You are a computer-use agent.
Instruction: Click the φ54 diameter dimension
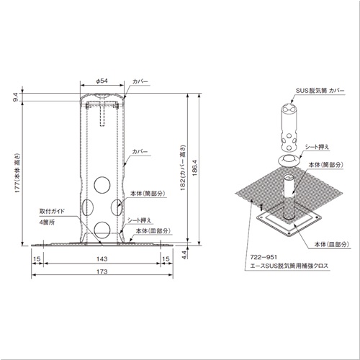pos(102,81)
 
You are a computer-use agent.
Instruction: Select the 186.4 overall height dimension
pos(194,168)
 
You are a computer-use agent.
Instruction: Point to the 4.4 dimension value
pos(184,254)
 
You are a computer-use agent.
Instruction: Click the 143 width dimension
pos(102,259)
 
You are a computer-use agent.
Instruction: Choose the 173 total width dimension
pos(102,271)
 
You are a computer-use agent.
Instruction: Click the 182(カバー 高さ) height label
pos(184,168)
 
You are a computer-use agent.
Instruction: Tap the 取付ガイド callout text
pos(53,211)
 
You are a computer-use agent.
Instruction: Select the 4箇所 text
pos(47,222)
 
